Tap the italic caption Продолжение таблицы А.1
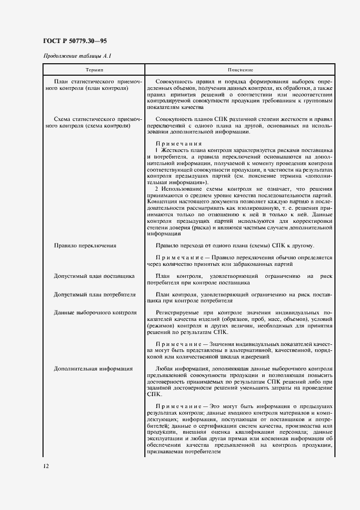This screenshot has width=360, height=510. tap(77, 57)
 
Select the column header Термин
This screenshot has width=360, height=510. tap(94, 70)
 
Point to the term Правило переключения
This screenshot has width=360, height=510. tap(85, 246)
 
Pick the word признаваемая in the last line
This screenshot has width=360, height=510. tap(163, 452)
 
